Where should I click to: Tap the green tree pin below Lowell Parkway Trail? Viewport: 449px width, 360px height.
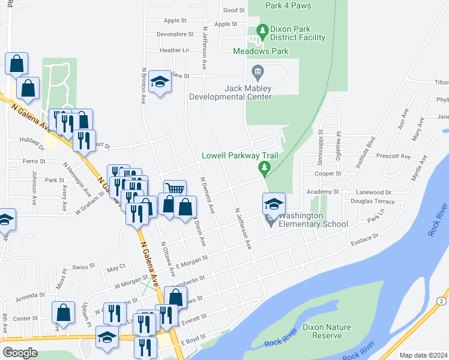click(x=263, y=167)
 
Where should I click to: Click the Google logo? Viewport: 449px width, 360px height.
click(x=20, y=353)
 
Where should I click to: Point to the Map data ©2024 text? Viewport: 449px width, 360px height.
click(x=423, y=355)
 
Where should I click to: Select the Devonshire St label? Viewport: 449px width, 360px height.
click(x=174, y=35)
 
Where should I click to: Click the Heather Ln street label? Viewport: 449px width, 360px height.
click(x=174, y=50)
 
